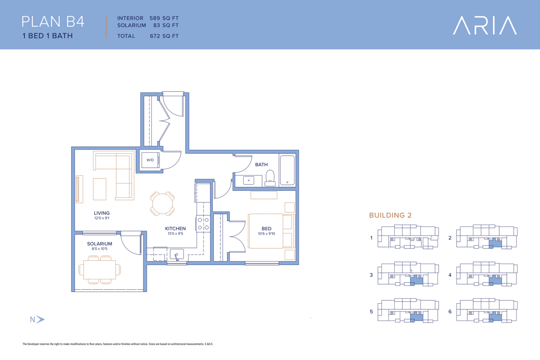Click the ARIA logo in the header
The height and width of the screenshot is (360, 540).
point(485,25)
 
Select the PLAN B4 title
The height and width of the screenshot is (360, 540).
point(53,22)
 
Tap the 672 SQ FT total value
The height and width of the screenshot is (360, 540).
point(164,36)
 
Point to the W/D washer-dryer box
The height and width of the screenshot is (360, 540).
point(150,160)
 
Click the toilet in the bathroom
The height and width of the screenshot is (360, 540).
point(270,178)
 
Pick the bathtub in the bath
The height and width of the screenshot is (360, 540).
point(287,171)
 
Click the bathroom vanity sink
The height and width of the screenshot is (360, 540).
point(248,180)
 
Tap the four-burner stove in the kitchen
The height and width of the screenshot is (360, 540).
point(203,223)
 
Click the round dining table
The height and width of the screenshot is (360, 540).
point(162,203)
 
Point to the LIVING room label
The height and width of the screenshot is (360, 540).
point(102,213)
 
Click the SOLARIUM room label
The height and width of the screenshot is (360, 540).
point(99,244)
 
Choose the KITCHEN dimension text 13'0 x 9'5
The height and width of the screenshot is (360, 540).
point(175,233)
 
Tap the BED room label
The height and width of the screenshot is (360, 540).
point(267,228)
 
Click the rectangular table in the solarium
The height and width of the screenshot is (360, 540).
point(100,270)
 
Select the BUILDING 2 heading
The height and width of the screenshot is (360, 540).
point(390,215)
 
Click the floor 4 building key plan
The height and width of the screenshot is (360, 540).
point(487,274)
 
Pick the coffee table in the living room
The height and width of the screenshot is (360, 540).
point(99,189)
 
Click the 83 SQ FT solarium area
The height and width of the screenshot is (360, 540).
point(166,25)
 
